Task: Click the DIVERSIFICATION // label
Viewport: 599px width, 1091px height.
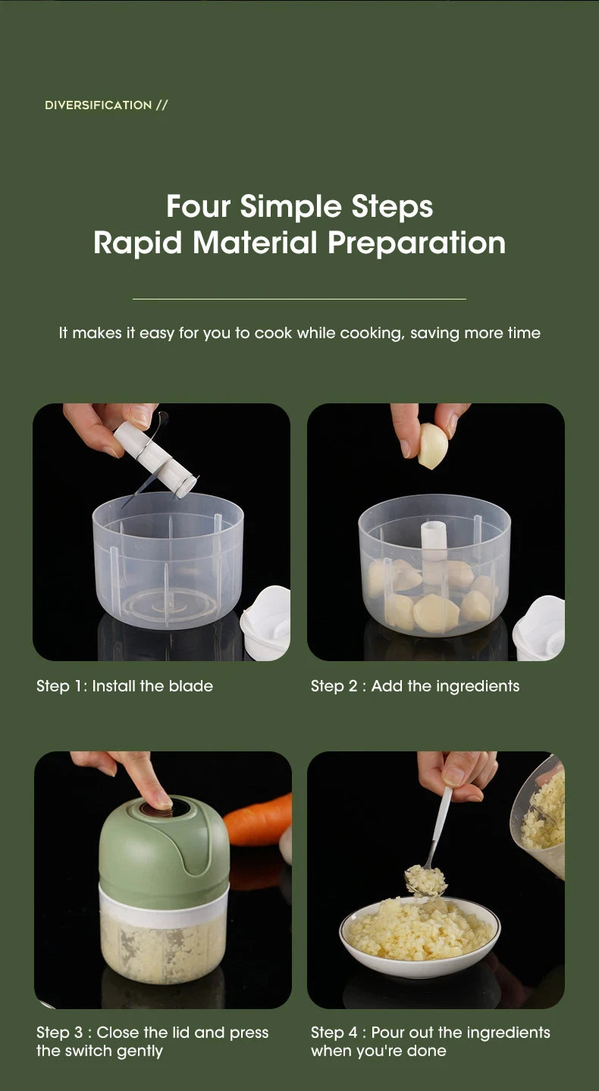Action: pos(105,105)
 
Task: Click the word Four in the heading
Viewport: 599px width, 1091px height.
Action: pos(199,206)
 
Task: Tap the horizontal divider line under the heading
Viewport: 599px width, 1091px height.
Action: pos(299,299)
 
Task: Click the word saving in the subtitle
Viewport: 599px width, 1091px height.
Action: pos(434,333)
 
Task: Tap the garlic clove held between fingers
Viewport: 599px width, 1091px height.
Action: pos(433,445)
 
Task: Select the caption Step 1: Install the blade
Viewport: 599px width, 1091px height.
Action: pos(124,686)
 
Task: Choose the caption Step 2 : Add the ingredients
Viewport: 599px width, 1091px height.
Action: pos(415,686)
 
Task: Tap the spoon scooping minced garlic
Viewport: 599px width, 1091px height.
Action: pos(435,842)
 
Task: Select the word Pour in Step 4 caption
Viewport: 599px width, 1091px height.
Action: pos(387,1033)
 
